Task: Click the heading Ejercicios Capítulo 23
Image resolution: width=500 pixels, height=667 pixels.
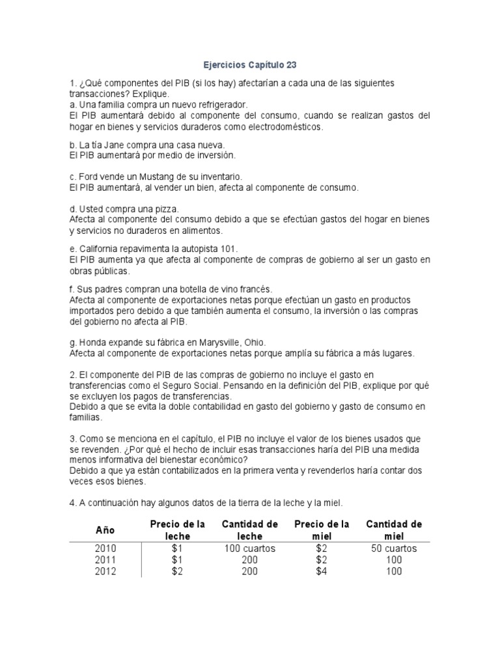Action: pos(249,65)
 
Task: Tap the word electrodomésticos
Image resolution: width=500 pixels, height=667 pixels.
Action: pos(283,126)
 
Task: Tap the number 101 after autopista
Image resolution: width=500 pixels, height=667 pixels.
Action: pos(230,249)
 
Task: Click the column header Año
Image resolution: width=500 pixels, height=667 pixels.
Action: pos(105,530)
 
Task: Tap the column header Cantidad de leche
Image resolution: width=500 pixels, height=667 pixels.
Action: pos(250,530)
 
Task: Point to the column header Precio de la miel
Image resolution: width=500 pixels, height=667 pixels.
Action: pos(322,530)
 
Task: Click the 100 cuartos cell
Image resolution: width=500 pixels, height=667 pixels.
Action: pos(250,548)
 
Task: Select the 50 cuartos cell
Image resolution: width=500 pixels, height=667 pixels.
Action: pos(394,548)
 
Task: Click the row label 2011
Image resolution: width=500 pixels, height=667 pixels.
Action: pos(105,560)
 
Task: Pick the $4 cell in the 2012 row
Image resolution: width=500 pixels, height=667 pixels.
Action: pos(322,572)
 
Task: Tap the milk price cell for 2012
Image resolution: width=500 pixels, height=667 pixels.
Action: pos(178,572)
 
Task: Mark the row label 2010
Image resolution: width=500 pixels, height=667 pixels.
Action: pos(105,548)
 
